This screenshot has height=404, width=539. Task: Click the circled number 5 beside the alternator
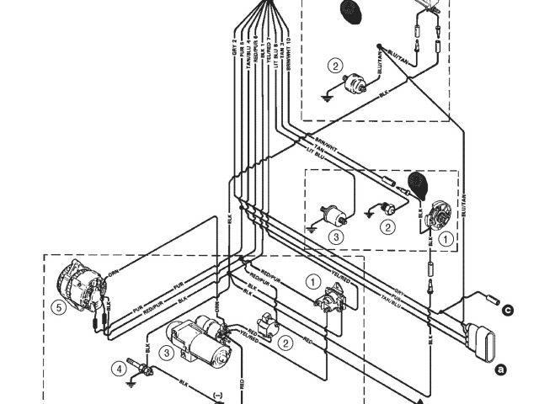click(57, 308)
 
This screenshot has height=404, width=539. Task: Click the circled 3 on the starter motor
click(168, 352)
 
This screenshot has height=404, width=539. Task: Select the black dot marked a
click(499, 369)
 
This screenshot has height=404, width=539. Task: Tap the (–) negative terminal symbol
click(217, 393)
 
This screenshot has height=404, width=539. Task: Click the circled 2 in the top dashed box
click(336, 66)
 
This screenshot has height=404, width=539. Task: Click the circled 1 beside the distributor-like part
click(447, 238)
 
